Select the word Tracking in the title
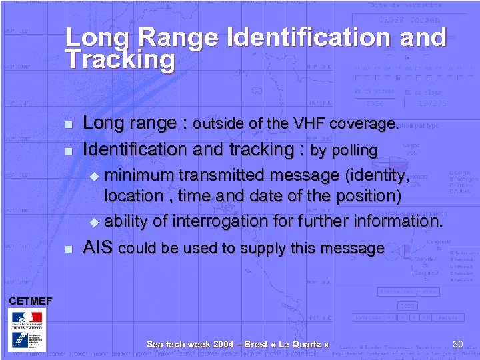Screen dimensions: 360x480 pyautogui.click(x=120, y=61)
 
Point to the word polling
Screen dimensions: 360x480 pyautogui.click(x=353, y=151)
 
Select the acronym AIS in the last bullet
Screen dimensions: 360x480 pyautogui.click(x=98, y=248)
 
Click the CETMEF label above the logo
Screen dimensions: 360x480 pyautogui.click(x=30, y=301)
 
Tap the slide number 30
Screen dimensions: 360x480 pyautogui.click(x=457, y=344)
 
